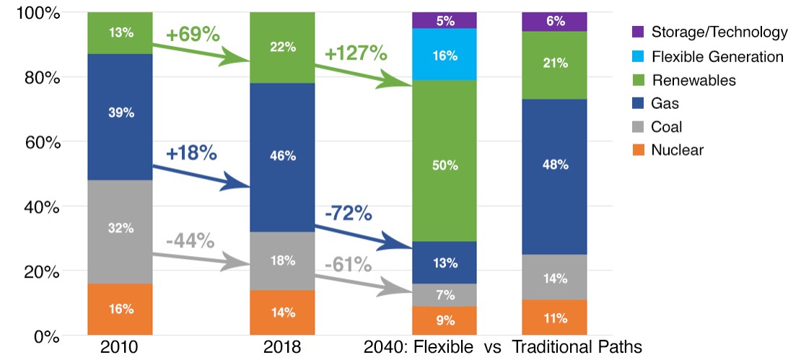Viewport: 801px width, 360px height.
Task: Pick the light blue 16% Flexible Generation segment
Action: [x=445, y=54]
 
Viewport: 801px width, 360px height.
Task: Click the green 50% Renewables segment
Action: [x=445, y=165]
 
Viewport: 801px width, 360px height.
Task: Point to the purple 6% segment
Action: [x=554, y=22]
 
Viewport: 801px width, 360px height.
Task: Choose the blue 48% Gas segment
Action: [x=554, y=165]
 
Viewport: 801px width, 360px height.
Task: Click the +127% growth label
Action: [x=356, y=53]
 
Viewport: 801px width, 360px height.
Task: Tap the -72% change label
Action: [x=349, y=214]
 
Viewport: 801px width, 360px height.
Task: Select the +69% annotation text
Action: [x=192, y=34]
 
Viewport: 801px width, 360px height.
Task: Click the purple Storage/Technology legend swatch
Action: [x=638, y=32]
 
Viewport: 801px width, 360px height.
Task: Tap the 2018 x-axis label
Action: [x=283, y=347]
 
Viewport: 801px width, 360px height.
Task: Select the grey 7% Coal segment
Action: [x=445, y=295]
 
